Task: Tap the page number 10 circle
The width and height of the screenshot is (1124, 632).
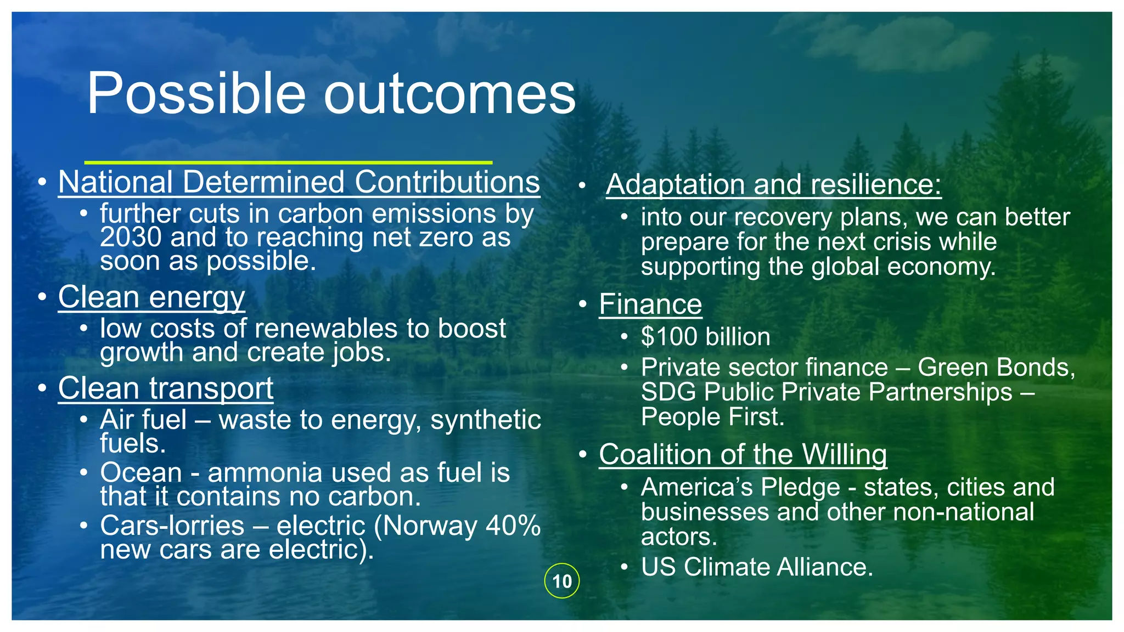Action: coord(561,581)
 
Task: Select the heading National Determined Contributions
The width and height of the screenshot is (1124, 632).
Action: coord(299,182)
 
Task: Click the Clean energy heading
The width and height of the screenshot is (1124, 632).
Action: coord(151,297)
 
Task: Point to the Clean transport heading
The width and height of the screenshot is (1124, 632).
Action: coord(166,388)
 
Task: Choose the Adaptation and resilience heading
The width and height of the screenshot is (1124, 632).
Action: coord(773,185)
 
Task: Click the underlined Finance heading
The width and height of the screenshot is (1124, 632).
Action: coord(650,304)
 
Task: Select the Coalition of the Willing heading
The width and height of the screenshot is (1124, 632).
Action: coord(743,455)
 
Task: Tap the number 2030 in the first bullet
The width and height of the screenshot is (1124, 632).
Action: coord(131,238)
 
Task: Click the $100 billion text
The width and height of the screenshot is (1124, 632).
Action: coord(705,337)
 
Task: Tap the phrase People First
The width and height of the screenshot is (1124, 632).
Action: coord(712,417)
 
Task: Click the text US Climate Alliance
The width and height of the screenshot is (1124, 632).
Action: coord(756,567)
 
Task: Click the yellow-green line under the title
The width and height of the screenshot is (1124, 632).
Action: coord(288,162)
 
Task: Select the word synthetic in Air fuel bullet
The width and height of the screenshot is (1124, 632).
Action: coord(486,420)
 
